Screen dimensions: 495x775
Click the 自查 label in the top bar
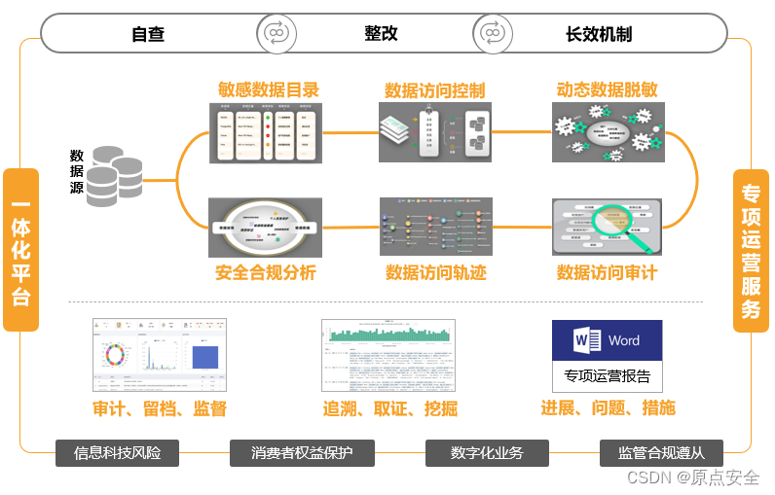point(148,34)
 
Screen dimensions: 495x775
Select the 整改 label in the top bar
point(381,34)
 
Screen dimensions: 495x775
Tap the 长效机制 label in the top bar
point(599,34)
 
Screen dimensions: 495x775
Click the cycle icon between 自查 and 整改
point(277,34)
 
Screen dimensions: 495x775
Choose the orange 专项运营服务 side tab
point(751,251)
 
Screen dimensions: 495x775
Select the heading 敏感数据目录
point(269,89)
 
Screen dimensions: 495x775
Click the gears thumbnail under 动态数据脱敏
point(608,131)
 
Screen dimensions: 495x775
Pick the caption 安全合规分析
point(266,273)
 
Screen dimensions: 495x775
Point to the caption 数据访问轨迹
point(435,273)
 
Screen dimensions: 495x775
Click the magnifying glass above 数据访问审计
point(612,223)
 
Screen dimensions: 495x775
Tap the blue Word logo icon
point(588,341)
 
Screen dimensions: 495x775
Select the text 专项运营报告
point(607,375)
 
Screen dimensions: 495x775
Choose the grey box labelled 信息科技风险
point(118,453)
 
